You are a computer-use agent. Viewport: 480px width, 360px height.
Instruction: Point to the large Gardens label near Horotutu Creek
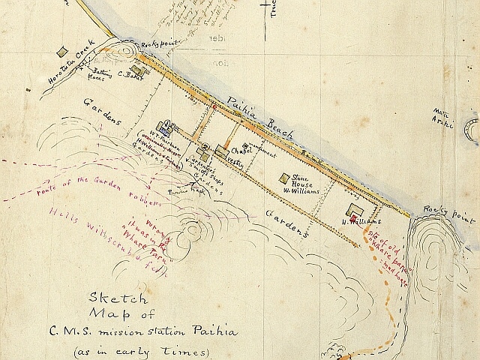[103, 111]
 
